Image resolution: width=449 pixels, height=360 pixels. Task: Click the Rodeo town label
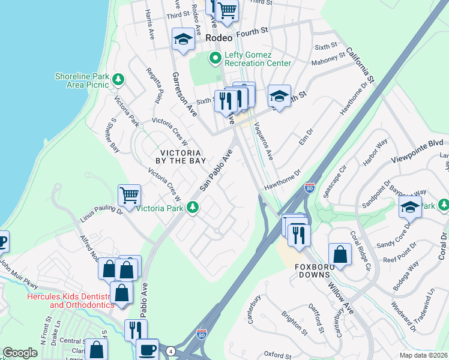coord(218,37)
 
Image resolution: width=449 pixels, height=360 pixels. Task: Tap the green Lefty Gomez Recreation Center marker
coord(214,58)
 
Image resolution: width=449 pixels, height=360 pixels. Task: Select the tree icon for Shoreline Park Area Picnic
coord(119,79)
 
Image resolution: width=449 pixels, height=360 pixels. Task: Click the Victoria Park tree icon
coord(193,208)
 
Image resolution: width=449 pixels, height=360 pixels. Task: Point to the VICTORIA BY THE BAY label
coord(181,156)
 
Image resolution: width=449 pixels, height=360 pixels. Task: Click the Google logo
coord(20,353)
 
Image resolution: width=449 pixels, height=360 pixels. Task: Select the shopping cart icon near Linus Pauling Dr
coord(129,195)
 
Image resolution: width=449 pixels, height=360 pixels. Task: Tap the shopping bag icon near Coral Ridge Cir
coord(340,253)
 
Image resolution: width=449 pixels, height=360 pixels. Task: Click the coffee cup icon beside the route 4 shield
coord(147,349)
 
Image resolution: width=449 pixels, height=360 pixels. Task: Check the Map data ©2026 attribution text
coord(423,355)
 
